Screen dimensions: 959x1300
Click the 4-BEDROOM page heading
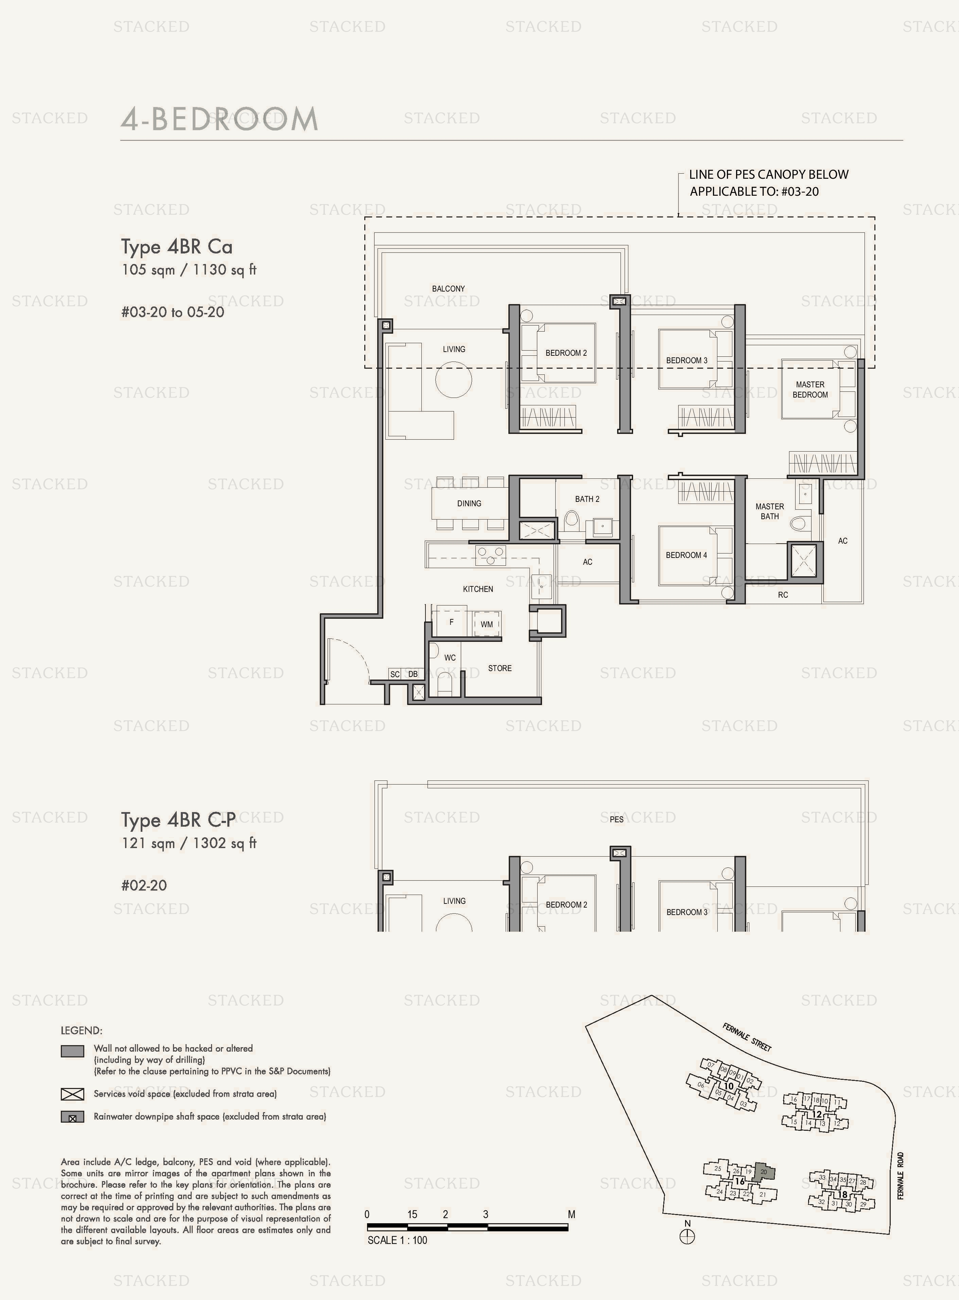pyautogui.click(x=220, y=119)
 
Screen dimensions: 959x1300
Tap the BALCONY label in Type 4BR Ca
pyautogui.click(x=448, y=288)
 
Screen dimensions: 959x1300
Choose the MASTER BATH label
pyautogui.click(x=770, y=511)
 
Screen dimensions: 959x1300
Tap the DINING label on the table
pyautogui.click(x=469, y=503)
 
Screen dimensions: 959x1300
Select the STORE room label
pyautogui.click(x=500, y=668)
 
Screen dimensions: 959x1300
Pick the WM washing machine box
pyautogui.click(x=486, y=624)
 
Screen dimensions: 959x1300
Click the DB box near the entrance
pyautogui.click(x=413, y=674)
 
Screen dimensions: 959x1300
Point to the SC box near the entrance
pyautogui.click(x=395, y=674)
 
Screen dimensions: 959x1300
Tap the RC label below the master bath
pyautogui.click(x=783, y=595)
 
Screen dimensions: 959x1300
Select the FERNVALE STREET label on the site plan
pyautogui.click(x=747, y=1037)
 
